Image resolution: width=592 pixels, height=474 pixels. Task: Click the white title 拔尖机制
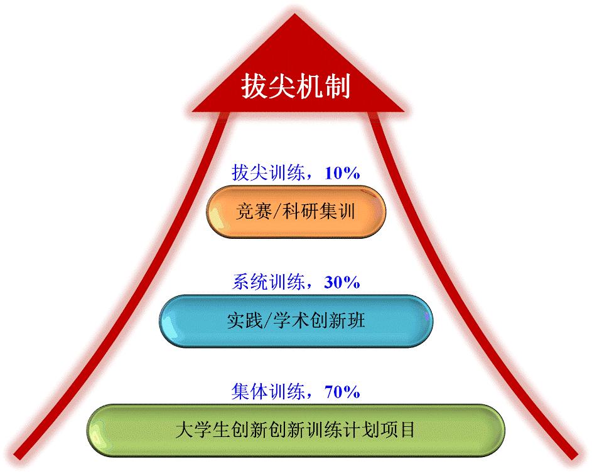point(296,87)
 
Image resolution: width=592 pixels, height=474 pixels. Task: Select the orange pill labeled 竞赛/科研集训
point(296,211)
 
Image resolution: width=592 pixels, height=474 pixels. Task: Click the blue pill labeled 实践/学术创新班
point(296,321)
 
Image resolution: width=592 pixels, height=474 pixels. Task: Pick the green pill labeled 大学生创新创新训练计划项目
point(296,430)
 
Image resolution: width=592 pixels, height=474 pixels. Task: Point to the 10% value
point(342,173)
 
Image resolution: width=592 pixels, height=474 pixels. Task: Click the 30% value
point(342,282)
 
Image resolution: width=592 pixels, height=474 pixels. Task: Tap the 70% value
point(342,392)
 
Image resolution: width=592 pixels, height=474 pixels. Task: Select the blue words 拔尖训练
point(269,173)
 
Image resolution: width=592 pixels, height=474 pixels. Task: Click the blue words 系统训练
point(269,282)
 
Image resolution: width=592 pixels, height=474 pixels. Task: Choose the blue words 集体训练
point(269,392)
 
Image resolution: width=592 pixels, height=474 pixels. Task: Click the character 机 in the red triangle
point(309,87)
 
